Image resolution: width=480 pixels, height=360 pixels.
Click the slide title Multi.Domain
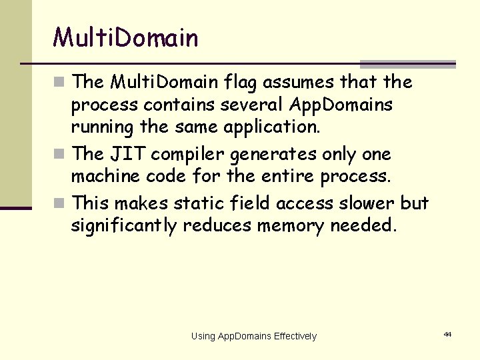tap(126, 38)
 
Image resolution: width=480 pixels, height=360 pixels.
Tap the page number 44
tap(447, 333)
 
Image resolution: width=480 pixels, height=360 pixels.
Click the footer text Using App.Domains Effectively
tap(253, 336)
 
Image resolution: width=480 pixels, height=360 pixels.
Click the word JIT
tap(127, 154)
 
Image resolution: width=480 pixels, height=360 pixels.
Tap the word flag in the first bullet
tap(241, 82)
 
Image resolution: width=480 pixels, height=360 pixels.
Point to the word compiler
tap(187, 155)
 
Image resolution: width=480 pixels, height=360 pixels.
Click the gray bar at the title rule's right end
tap(407, 65)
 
